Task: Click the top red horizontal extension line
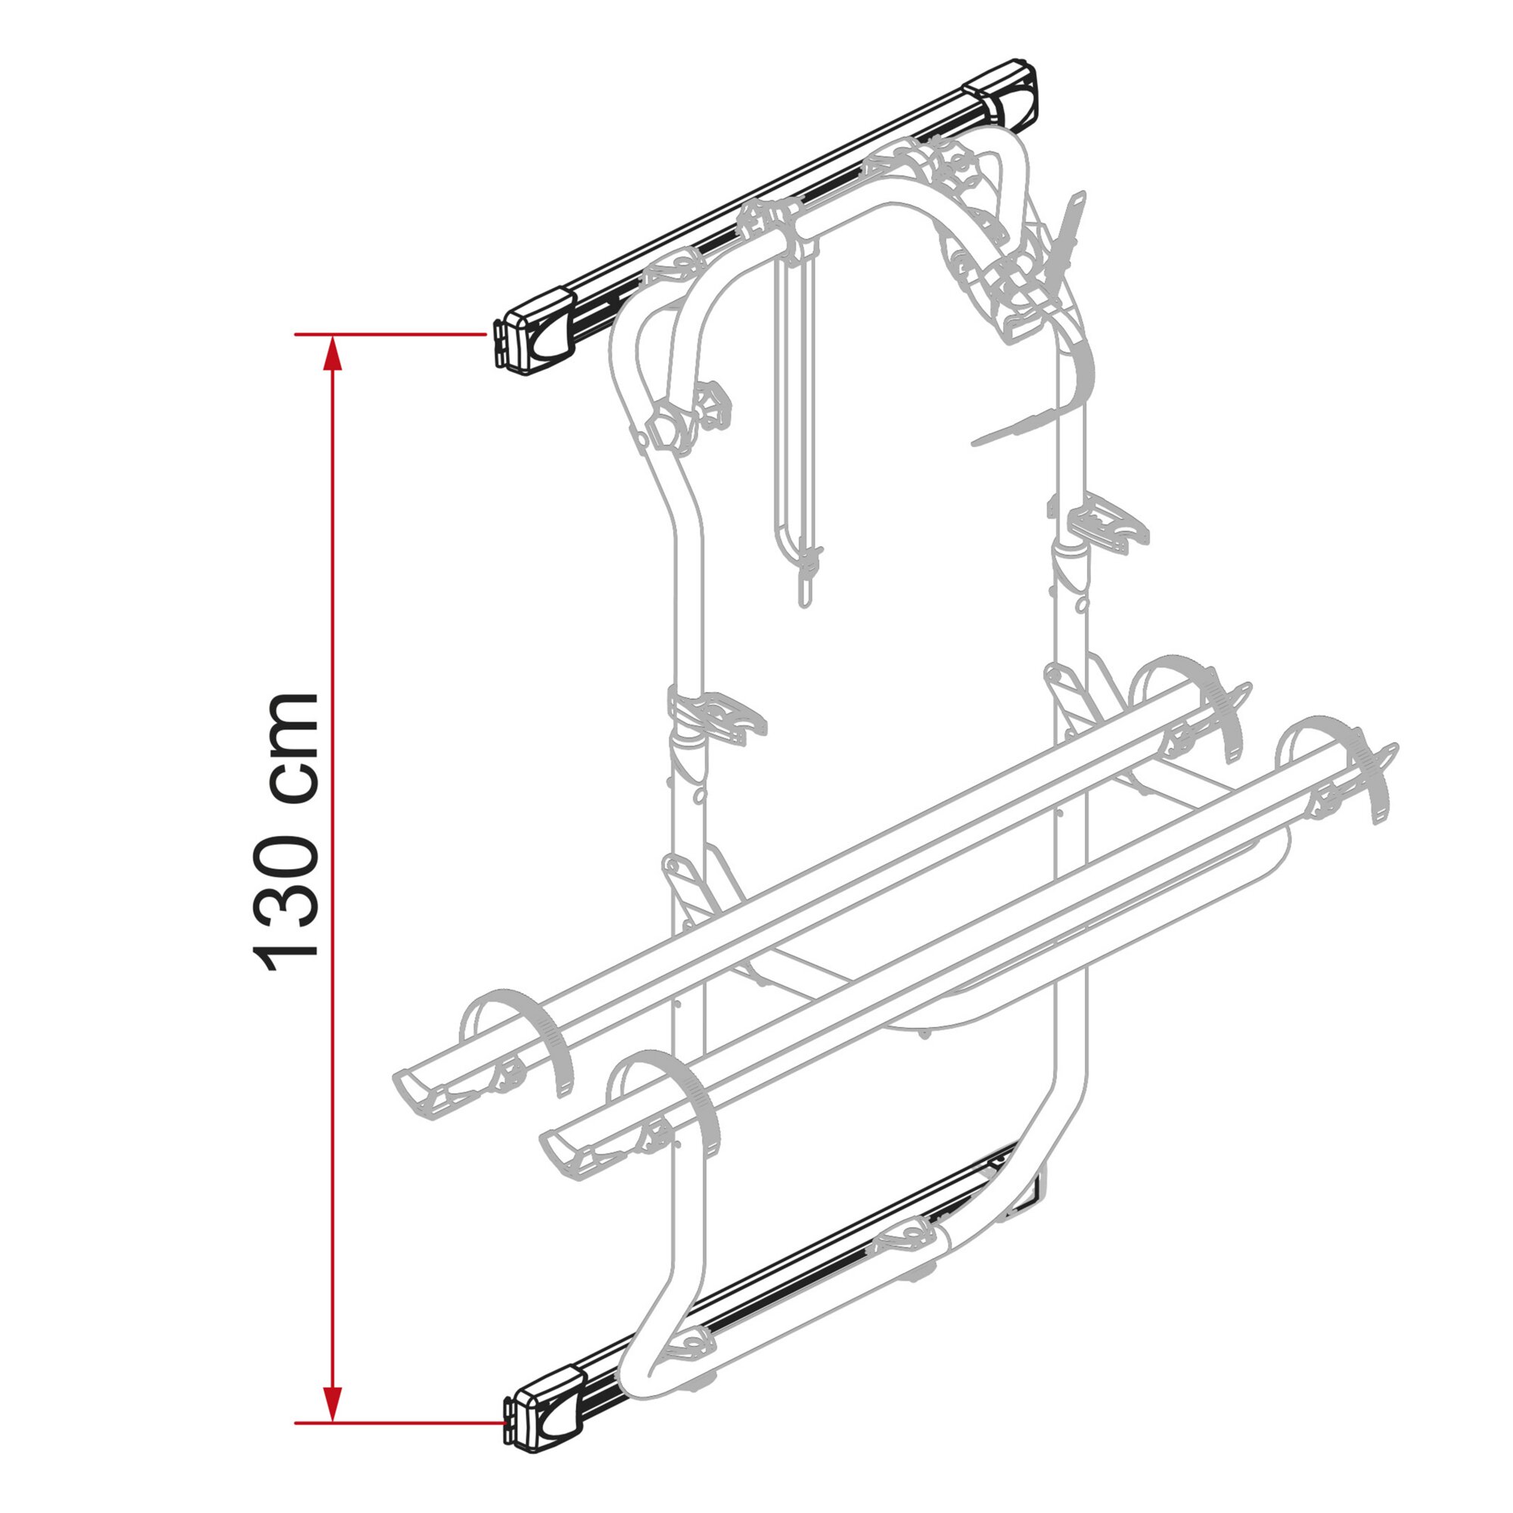(x=391, y=334)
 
